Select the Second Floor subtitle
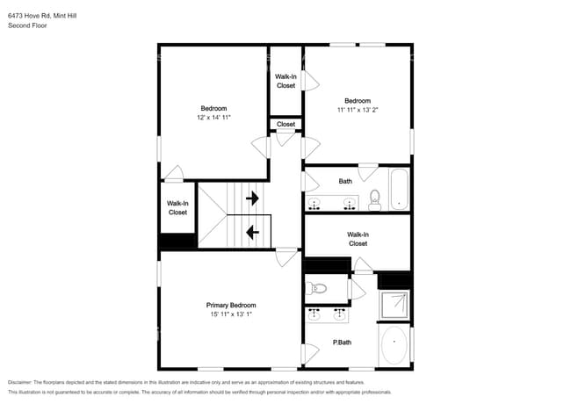(27, 26)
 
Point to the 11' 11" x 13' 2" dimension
(358, 110)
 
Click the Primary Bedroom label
(231, 305)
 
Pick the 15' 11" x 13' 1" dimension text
(231, 314)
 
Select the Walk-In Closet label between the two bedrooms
(285, 81)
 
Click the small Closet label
(285, 125)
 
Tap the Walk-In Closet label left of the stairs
(177, 207)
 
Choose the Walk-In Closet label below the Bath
(358, 239)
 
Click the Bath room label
(345, 182)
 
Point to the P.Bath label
(343, 342)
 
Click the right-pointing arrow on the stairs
(253, 198)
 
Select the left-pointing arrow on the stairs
(253, 233)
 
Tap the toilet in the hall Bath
(374, 199)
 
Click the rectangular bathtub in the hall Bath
(400, 189)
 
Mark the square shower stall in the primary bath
(394, 304)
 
